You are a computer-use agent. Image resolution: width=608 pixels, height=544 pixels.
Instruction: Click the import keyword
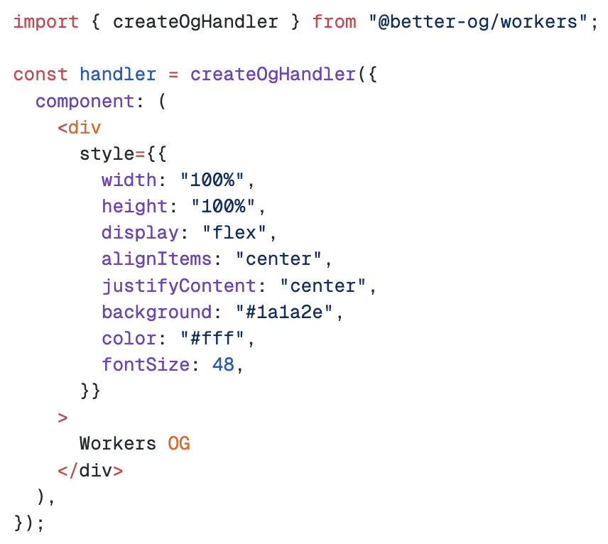coord(46,22)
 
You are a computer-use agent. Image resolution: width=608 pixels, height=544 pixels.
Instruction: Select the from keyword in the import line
coord(335,22)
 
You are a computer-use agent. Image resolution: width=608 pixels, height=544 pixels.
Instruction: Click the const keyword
coord(40,75)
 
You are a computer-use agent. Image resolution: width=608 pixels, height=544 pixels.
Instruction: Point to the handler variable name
coord(118,74)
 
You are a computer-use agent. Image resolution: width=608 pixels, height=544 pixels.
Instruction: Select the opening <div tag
coord(80,128)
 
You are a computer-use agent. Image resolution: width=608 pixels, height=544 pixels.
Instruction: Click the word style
coord(107,154)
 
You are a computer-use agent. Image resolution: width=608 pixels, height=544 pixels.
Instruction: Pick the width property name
coord(129,180)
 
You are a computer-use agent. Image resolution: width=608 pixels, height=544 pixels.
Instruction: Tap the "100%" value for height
coord(223,206)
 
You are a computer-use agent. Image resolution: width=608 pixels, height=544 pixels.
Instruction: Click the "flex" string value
coord(234,233)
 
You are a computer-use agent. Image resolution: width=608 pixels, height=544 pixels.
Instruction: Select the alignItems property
coord(157,259)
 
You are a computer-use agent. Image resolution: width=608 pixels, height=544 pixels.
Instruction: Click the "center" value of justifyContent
coord(323,285)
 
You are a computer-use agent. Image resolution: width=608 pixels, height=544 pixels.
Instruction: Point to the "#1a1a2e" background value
coord(284,312)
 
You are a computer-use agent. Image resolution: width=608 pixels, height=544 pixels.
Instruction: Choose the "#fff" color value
coord(212,338)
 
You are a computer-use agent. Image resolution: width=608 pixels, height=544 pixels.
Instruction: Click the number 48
coord(223,365)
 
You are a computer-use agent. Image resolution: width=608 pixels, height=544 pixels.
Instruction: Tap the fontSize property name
coord(146,365)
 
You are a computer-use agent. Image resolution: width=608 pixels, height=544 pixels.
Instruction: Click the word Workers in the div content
coord(118,444)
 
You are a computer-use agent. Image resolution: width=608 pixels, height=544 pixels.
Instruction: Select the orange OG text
coord(179,444)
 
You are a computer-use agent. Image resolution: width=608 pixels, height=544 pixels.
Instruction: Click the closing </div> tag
coord(90,470)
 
